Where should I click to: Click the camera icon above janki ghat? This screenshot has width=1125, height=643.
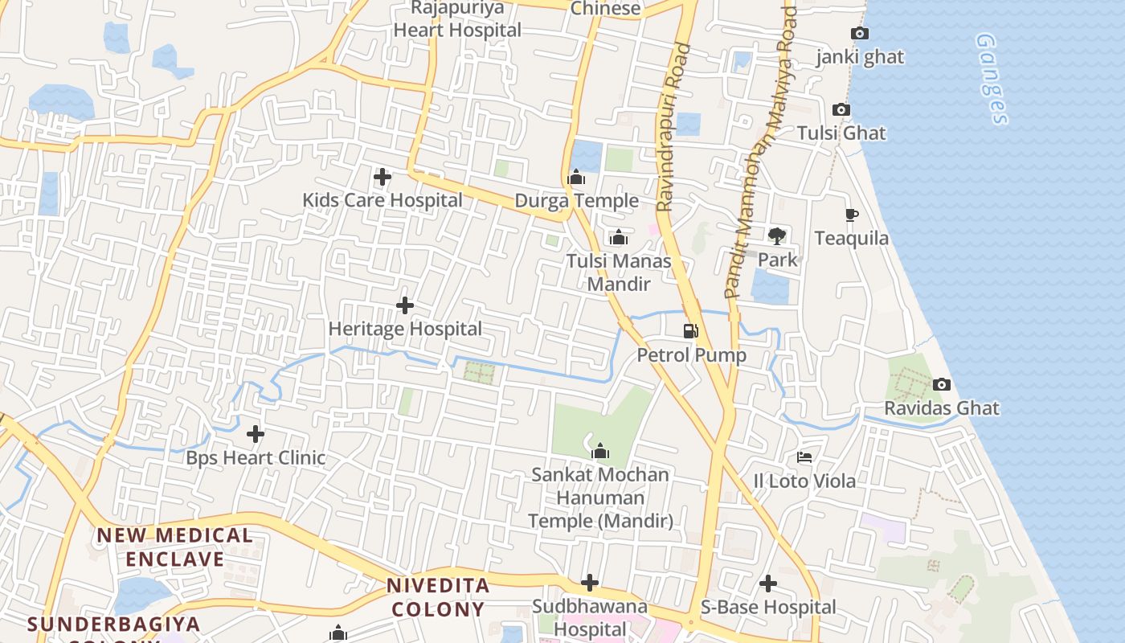tap(859, 34)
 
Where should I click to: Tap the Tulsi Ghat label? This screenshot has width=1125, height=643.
tap(841, 133)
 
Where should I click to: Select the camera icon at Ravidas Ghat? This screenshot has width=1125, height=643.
tap(942, 385)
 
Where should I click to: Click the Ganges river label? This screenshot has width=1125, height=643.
tap(992, 79)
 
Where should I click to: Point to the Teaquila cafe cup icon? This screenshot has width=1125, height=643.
tap(852, 215)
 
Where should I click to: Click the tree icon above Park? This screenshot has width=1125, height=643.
tap(776, 235)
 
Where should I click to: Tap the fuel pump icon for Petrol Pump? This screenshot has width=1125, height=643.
tap(690, 331)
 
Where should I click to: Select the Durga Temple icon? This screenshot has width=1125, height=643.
tap(576, 177)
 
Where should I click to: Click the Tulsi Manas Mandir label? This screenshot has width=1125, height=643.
tap(618, 272)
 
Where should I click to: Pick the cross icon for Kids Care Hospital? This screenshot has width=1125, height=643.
tap(382, 176)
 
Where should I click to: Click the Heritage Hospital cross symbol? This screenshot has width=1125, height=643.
tap(405, 305)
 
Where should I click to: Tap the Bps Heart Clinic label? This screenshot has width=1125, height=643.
tap(256, 458)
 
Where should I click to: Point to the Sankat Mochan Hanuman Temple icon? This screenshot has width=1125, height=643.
tap(599, 451)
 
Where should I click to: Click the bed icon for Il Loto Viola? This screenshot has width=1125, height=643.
tap(804, 457)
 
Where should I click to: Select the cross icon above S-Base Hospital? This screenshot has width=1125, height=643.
tap(768, 583)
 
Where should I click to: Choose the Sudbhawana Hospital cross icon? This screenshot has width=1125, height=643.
tap(590, 582)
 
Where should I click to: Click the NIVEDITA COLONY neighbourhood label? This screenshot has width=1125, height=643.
tap(438, 597)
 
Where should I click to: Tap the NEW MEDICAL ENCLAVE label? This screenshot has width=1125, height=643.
tap(174, 547)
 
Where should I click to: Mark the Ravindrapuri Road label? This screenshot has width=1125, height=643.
tap(673, 129)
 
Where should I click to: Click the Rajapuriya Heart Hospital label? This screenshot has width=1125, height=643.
tap(457, 19)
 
